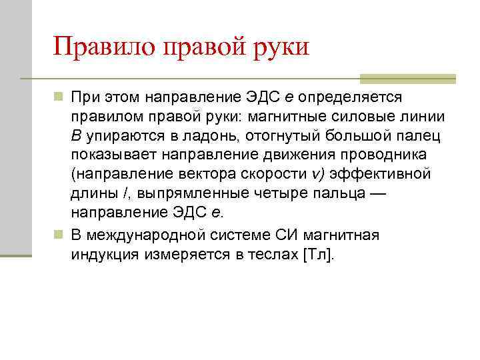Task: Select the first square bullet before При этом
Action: click(59, 97)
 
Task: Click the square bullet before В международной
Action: click(59, 235)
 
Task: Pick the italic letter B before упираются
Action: click(77, 136)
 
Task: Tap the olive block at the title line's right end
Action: click(407, 78)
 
